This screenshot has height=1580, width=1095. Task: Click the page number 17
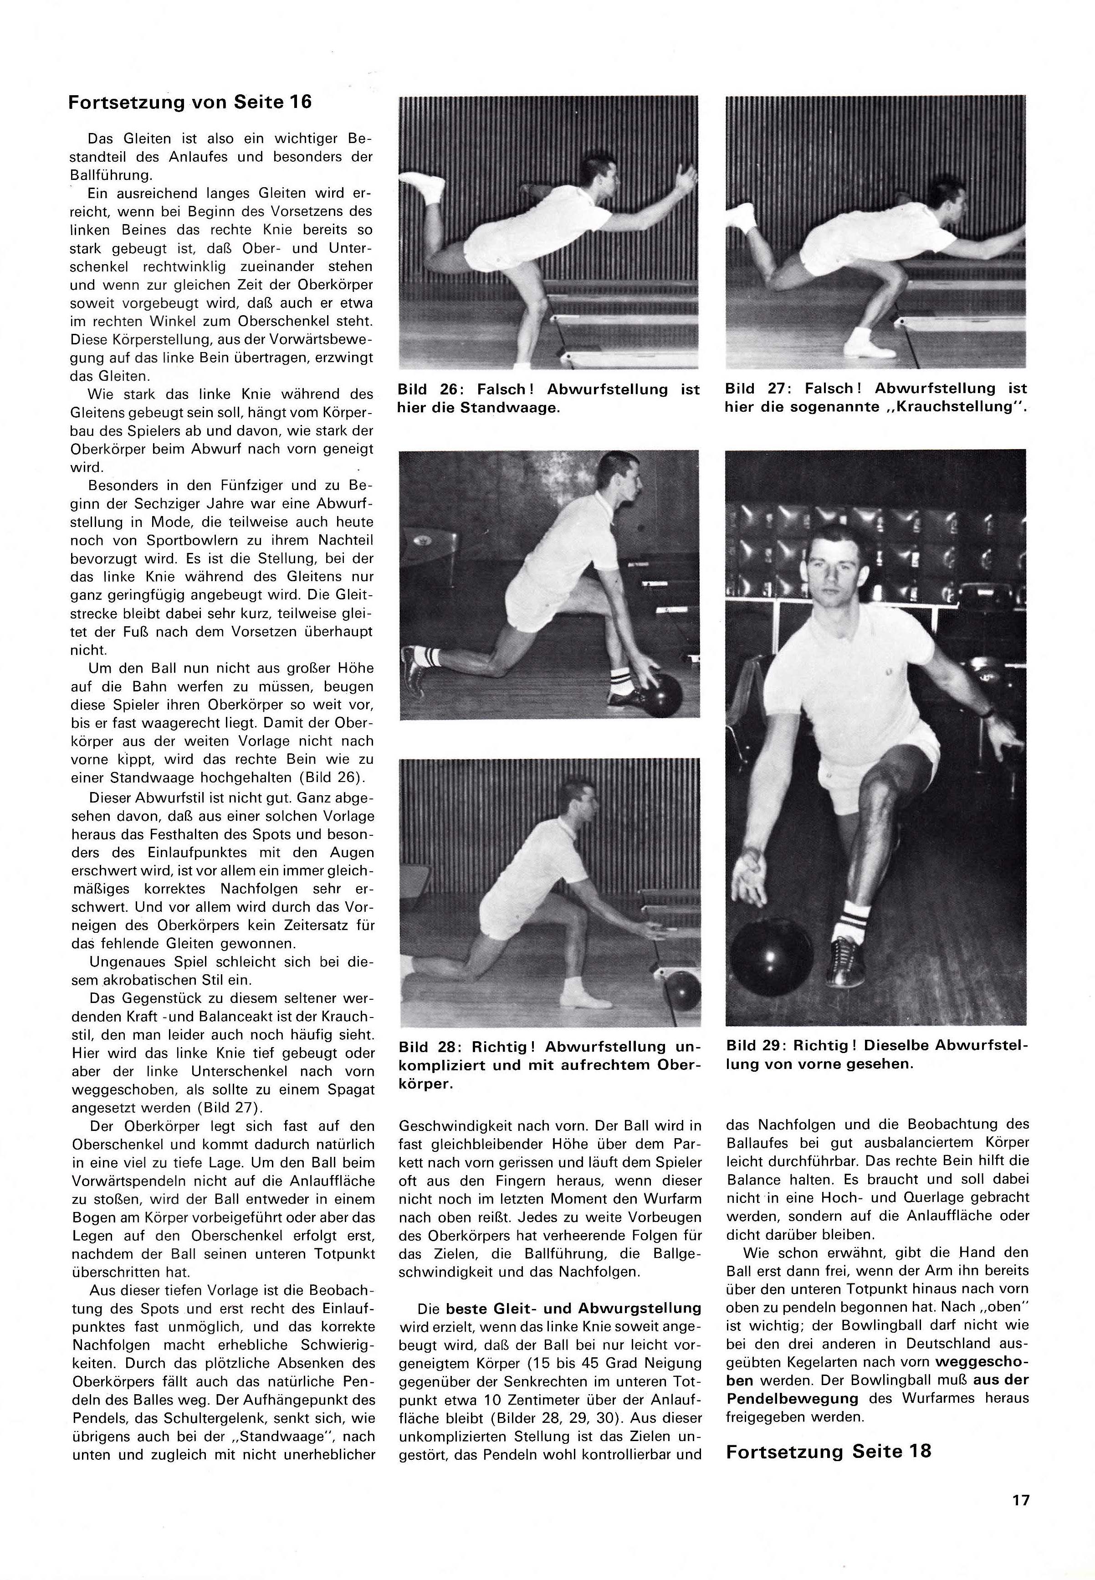[1020, 1500]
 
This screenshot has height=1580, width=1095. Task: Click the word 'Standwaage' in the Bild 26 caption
[522, 408]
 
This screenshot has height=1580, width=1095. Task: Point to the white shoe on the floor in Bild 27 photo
[868, 343]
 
